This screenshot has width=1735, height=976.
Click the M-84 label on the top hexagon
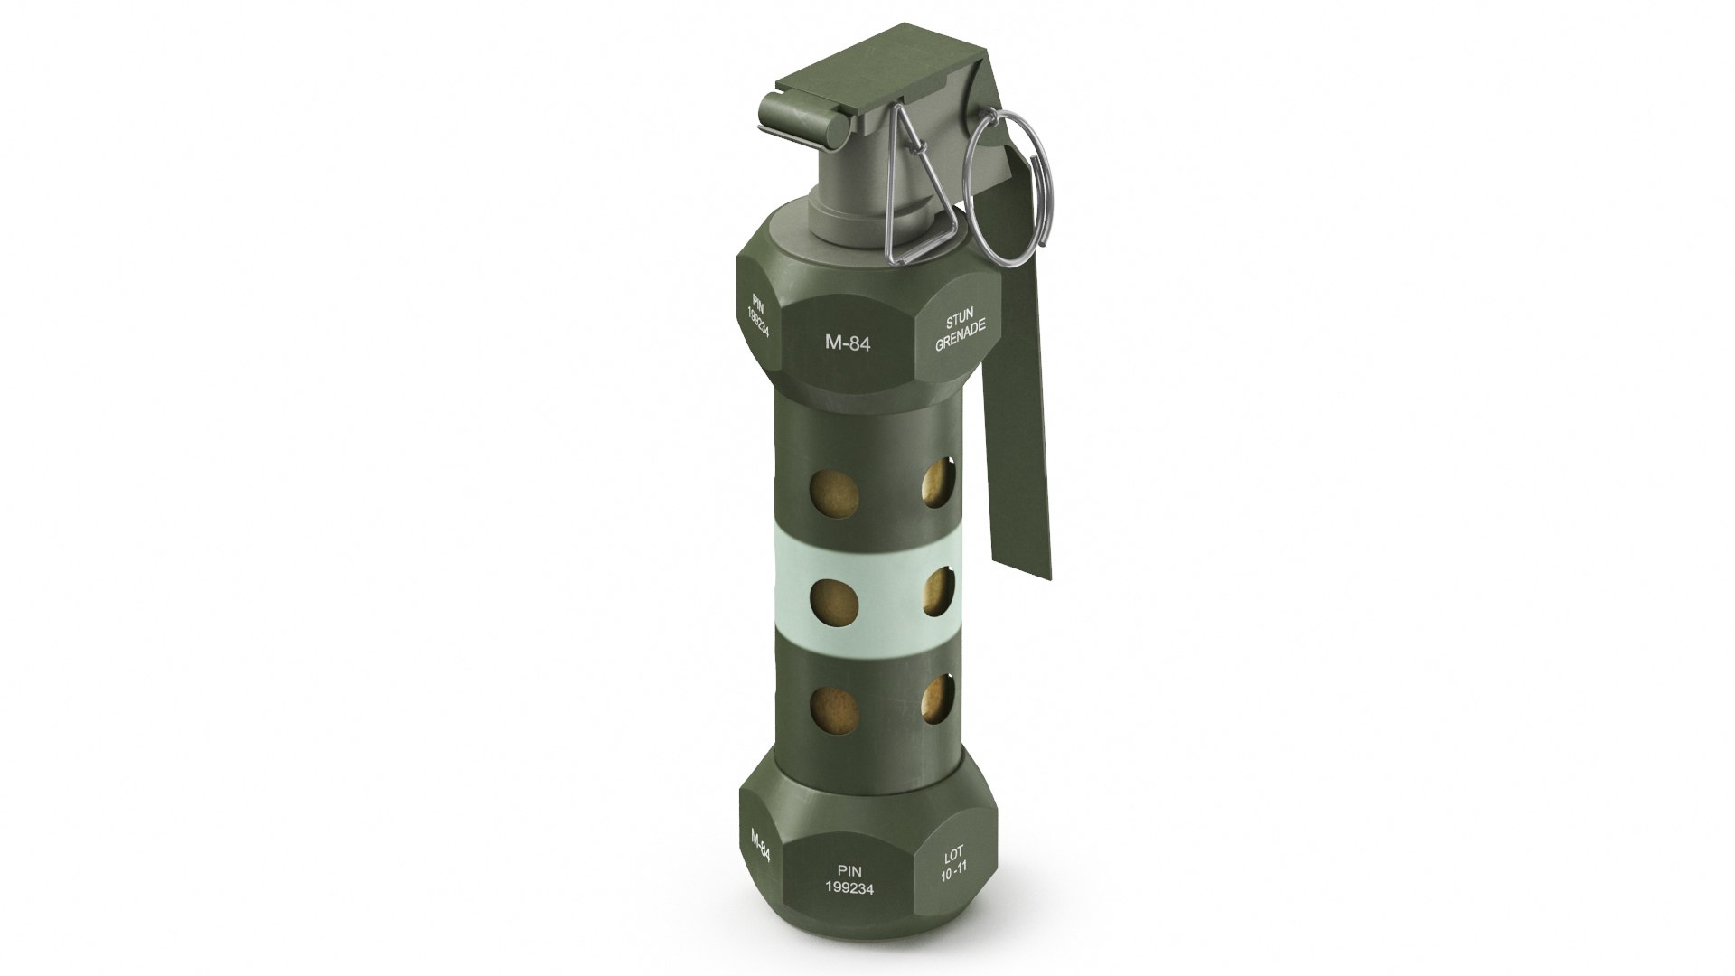click(847, 343)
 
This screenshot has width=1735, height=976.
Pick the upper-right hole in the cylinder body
click(938, 484)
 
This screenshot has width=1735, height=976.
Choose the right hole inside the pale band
click(938, 592)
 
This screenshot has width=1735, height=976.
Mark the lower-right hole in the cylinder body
click(938, 699)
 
